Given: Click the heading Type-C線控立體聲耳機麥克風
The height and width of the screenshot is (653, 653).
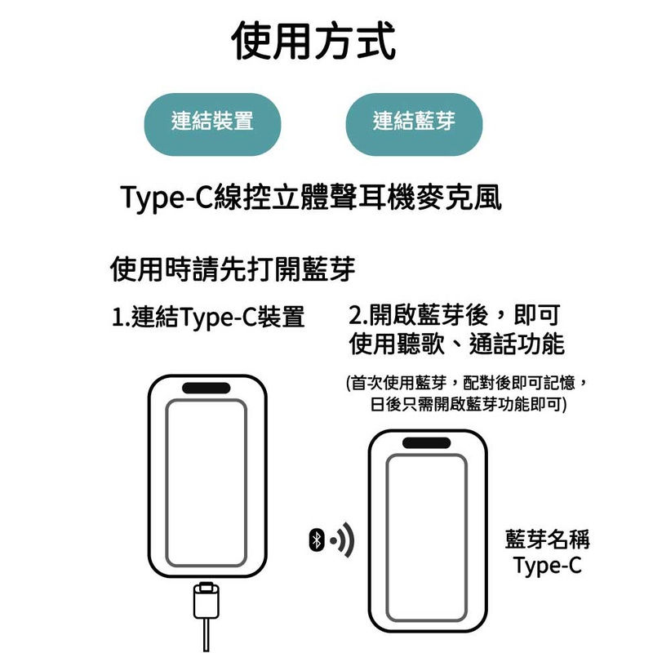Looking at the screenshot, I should tap(309, 198).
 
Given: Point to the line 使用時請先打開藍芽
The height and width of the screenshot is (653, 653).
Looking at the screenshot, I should tap(233, 269).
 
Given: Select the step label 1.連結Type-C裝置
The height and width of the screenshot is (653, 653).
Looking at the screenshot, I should tap(207, 317).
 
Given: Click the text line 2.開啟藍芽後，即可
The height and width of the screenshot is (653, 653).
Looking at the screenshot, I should tap(454, 315).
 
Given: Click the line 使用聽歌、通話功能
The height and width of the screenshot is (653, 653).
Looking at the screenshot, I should tap(456, 344).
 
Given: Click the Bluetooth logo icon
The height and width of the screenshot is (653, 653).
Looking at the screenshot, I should tap(317, 540).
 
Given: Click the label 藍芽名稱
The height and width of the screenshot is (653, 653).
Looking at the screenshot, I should tap(548, 539).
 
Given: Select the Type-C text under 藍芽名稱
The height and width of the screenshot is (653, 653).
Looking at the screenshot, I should tap(548, 566).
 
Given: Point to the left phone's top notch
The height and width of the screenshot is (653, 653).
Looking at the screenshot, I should tap(206, 389).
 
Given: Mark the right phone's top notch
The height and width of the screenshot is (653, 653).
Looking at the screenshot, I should tap(427, 443).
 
